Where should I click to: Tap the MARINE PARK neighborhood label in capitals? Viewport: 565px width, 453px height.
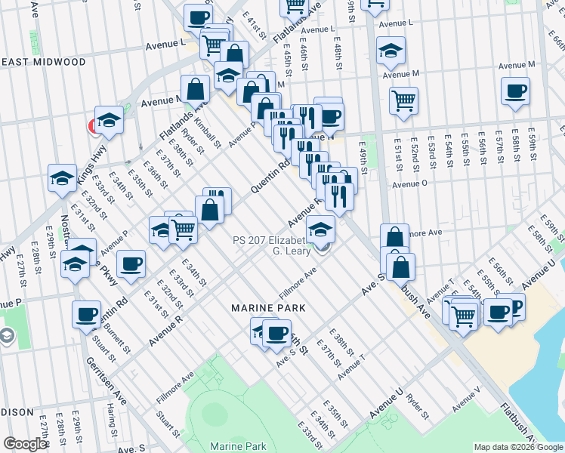click(268, 308)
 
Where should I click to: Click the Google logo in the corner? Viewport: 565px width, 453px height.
click(25, 444)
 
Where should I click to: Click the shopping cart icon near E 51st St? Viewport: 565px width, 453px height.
click(404, 99)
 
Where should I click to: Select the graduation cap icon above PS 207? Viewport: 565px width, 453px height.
click(320, 228)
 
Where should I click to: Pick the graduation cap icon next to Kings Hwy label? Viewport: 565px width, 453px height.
click(109, 119)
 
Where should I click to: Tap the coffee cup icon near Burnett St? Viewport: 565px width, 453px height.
click(86, 315)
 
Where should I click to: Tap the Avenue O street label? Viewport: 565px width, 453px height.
click(410, 183)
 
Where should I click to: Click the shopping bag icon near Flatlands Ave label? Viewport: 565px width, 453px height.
click(195, 89)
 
